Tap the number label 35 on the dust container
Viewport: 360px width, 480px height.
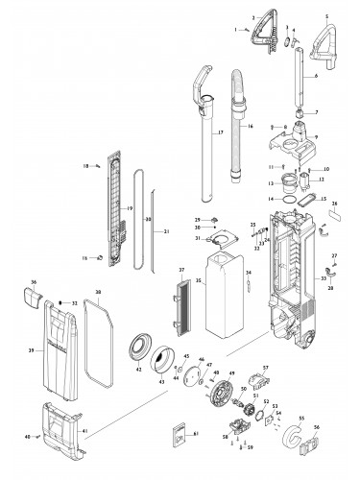(197, 281)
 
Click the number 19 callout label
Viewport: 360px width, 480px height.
(129, 208)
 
